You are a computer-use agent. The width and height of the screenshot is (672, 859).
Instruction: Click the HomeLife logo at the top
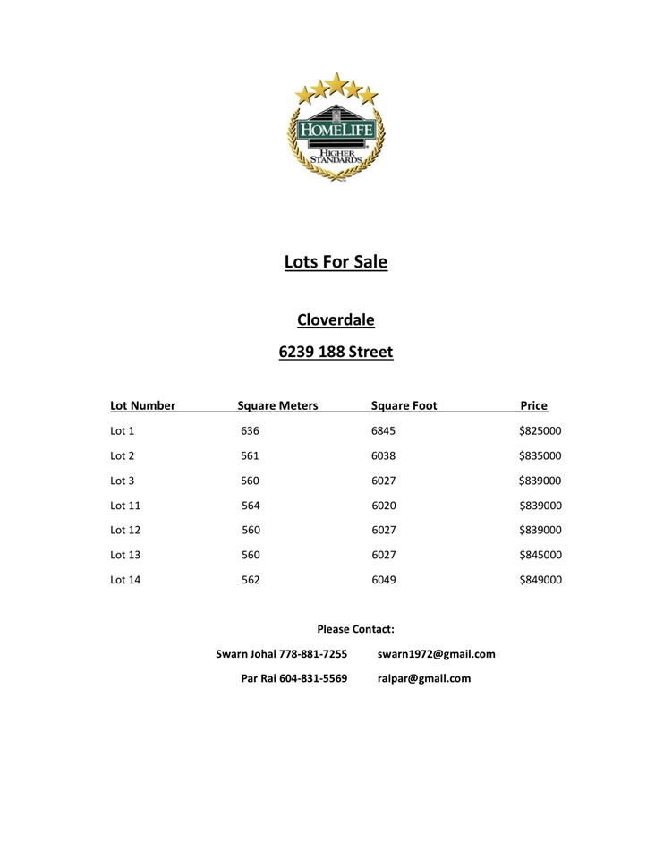point(336,127)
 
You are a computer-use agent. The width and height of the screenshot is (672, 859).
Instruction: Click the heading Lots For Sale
point(336,262)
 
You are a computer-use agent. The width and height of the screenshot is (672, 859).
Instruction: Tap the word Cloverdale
point(336,319)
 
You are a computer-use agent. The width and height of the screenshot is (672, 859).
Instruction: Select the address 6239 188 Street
point(336,352)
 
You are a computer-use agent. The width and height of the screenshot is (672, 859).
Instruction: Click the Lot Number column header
point(142,405)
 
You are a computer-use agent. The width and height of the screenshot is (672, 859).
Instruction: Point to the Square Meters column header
point(277,405)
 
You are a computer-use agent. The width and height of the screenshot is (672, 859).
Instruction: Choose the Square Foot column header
point(404,405)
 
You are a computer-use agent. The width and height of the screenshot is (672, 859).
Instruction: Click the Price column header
point(533,405)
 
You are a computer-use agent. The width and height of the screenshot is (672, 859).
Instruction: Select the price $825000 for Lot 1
point(540,431)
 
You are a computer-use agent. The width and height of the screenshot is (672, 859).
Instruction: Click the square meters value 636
point(250,431)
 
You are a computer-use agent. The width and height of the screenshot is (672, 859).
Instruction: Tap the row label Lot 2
point(122,455)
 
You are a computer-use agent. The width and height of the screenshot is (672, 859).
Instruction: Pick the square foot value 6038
point(383,455)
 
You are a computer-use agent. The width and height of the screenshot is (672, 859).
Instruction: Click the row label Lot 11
point(125,506)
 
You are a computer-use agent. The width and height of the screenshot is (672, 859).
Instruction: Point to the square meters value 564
point(251,506)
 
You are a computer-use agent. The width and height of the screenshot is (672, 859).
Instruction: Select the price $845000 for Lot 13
point(540,555)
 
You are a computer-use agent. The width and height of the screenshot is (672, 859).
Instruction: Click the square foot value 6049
point(383,580)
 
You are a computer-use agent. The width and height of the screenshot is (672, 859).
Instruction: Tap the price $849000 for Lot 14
point(540,580)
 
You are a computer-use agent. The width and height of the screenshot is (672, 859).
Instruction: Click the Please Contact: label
point(355,629)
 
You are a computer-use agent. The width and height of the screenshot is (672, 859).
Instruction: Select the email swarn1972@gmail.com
point(436,654)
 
